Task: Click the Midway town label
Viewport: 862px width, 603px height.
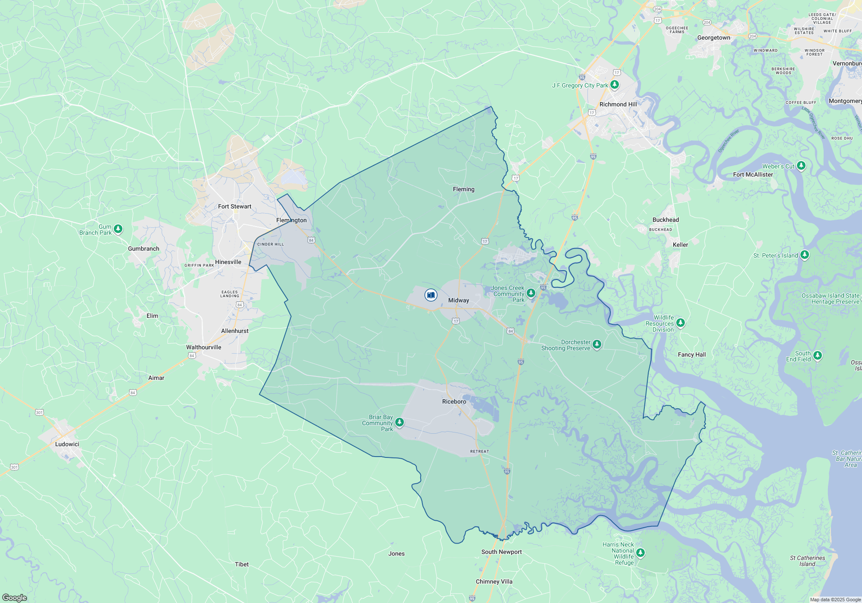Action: pyautogui.click(x=458, y=300)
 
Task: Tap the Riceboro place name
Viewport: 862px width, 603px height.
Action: pyautogui.click(x=454, y=401)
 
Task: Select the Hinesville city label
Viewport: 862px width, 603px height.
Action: pyautogui.click(x=228, y=262)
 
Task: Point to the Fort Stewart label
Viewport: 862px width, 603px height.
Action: pyautogui.click(x=234, y=206)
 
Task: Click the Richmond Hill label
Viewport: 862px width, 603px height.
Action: pyautogui.click(x=618, y=104)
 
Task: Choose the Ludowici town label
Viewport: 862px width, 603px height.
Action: pyautogui.click(x=67, y=444)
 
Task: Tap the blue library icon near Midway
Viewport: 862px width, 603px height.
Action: pyautogui.click(x=431, y=295)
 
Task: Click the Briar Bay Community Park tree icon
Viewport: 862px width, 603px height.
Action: pyautogui.click(x=400, y=422)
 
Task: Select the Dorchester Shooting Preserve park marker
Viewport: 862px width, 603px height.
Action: pyautogui.click(x=597, y=344)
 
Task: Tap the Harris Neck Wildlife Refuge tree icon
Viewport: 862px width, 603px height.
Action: pyautogui.click(x=640, y=553)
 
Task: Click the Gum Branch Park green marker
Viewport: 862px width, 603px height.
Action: pyautogui.click(x=118, y=229)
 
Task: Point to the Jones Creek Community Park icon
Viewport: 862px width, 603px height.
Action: pyautogui.click(x=531, y=293)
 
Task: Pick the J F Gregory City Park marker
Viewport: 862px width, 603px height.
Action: pyautogui.click(x=615, y=84)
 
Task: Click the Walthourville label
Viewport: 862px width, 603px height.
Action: pyautogui.click(x=203, y=347)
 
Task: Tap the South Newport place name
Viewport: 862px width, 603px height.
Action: pyautogui.click(x=501, y=552)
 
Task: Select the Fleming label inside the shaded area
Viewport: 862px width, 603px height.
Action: pyautogui.click(x=463, y=189)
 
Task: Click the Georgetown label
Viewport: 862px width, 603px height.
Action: pyautogui.click(x=714, y=37)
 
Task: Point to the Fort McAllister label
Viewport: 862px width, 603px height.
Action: pyautogui.click(x=753, y=174)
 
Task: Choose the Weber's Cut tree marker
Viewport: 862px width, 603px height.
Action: pyautogui.click(x=801, y=165)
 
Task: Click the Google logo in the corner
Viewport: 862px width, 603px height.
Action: pyautogui.click(x=15, y=597)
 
